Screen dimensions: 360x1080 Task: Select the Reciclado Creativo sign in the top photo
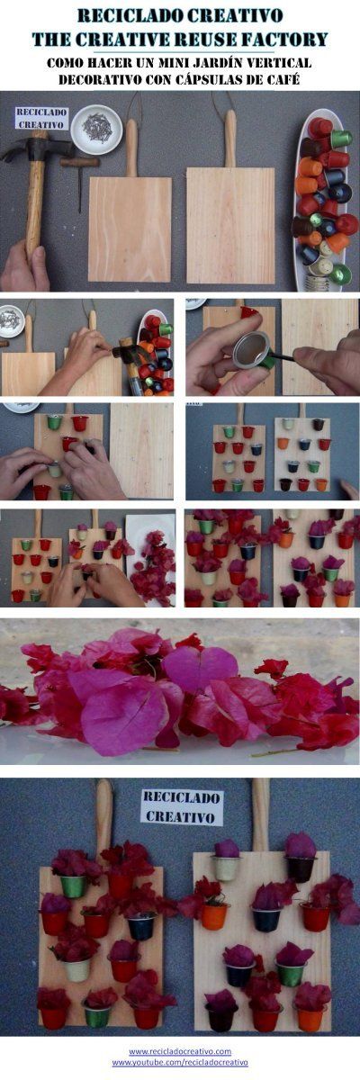[41, 118]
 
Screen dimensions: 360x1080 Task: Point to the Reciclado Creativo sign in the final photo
[182, 806]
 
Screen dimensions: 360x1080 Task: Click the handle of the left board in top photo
[131, 147]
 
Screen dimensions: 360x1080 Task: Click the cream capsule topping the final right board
[226, 868]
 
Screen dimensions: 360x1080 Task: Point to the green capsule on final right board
[291, 973]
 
